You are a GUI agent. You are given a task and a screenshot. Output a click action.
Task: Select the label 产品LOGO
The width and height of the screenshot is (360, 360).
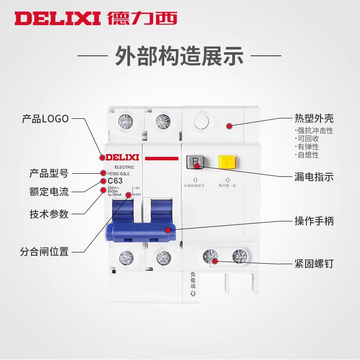tap(45, 119)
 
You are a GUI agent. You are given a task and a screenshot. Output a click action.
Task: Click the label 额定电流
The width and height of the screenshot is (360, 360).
tap(49, 192)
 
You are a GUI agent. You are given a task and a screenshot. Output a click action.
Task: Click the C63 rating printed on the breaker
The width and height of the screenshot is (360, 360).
tap(115, 181)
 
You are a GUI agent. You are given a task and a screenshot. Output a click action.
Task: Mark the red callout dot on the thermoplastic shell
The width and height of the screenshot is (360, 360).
tap(229, 126)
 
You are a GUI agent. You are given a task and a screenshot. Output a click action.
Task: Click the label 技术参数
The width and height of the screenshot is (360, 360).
tap(49, 214)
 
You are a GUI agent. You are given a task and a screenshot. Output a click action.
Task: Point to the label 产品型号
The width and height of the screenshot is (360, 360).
tap(49, 173)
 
